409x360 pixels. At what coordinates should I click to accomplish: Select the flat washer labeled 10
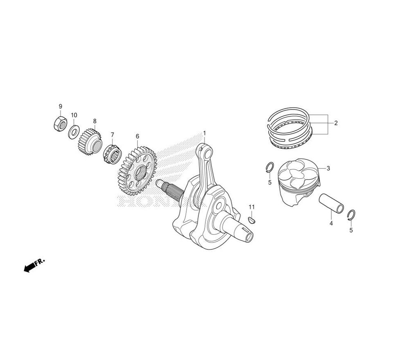(x=74, y=131)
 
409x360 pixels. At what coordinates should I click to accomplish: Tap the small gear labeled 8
(x=90, y=142)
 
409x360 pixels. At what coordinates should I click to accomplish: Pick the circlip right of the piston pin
(x=352, y=215)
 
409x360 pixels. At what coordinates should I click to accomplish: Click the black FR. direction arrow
(x=34, y=266)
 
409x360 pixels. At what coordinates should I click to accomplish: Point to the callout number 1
(x=204, y=133)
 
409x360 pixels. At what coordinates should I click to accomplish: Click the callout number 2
(x=336, y=123)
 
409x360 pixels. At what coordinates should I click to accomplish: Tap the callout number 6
(x=137, y=137)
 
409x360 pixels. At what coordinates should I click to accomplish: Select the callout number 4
(x=331, y=223)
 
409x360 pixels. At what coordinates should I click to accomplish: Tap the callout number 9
(x=61, y=106)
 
